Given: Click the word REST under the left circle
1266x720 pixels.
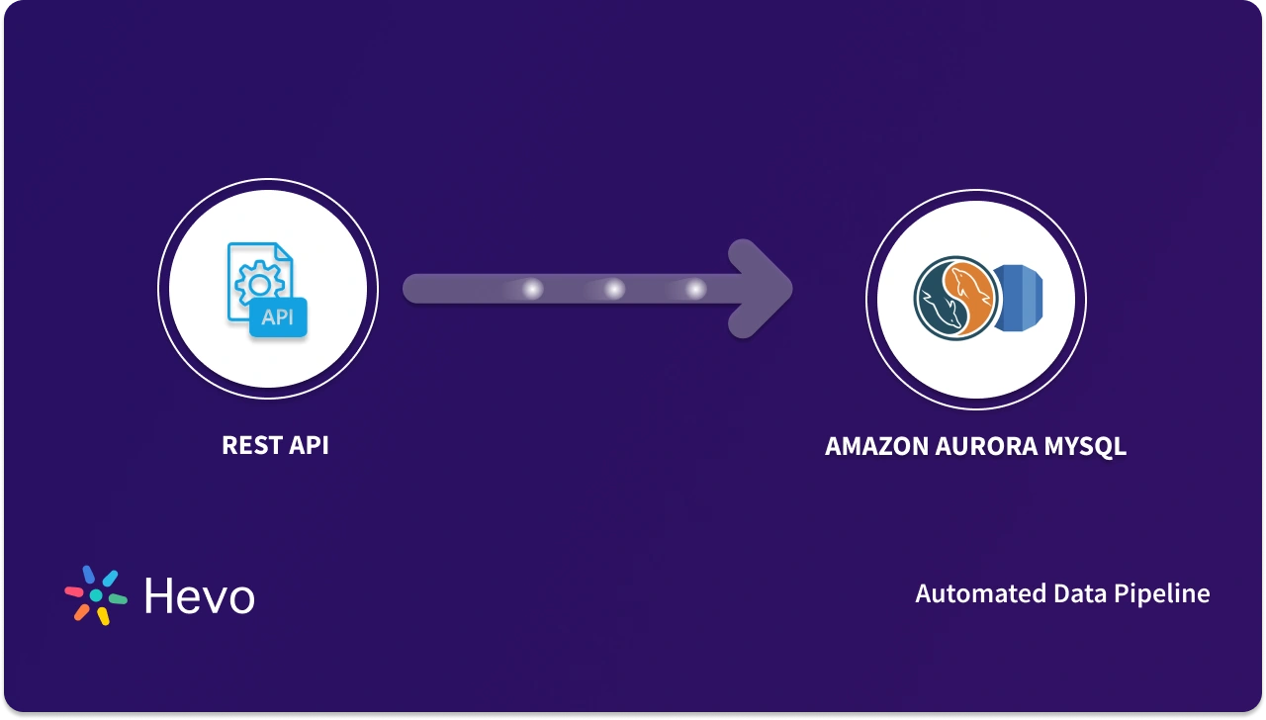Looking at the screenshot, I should (x=249, y=445).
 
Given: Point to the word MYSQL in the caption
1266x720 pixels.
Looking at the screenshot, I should (x=1085, y=447).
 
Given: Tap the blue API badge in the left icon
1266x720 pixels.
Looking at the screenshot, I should (x=278, y=317).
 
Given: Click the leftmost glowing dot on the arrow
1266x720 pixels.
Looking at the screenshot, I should (x=532, y=289).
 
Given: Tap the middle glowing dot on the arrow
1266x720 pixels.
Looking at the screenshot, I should (x=614, y=289).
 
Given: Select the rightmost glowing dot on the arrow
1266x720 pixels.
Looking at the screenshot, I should (x=695, y=289).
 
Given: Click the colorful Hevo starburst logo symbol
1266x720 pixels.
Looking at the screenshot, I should (x=96, y=594).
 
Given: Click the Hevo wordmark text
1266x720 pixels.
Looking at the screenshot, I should (x=200, y=595).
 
